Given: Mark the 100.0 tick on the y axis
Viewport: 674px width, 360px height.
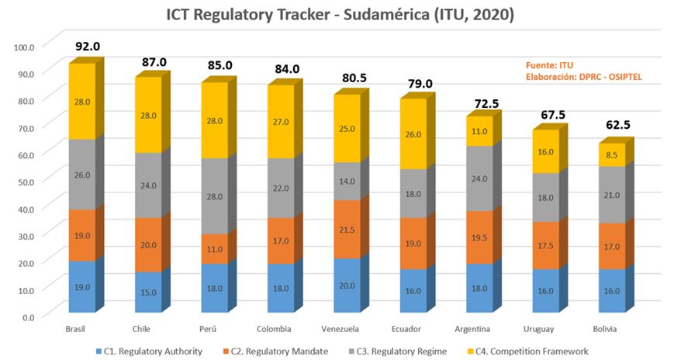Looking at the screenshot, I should [25, 47].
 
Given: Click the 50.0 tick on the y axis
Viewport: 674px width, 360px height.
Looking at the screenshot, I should [25, 182].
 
